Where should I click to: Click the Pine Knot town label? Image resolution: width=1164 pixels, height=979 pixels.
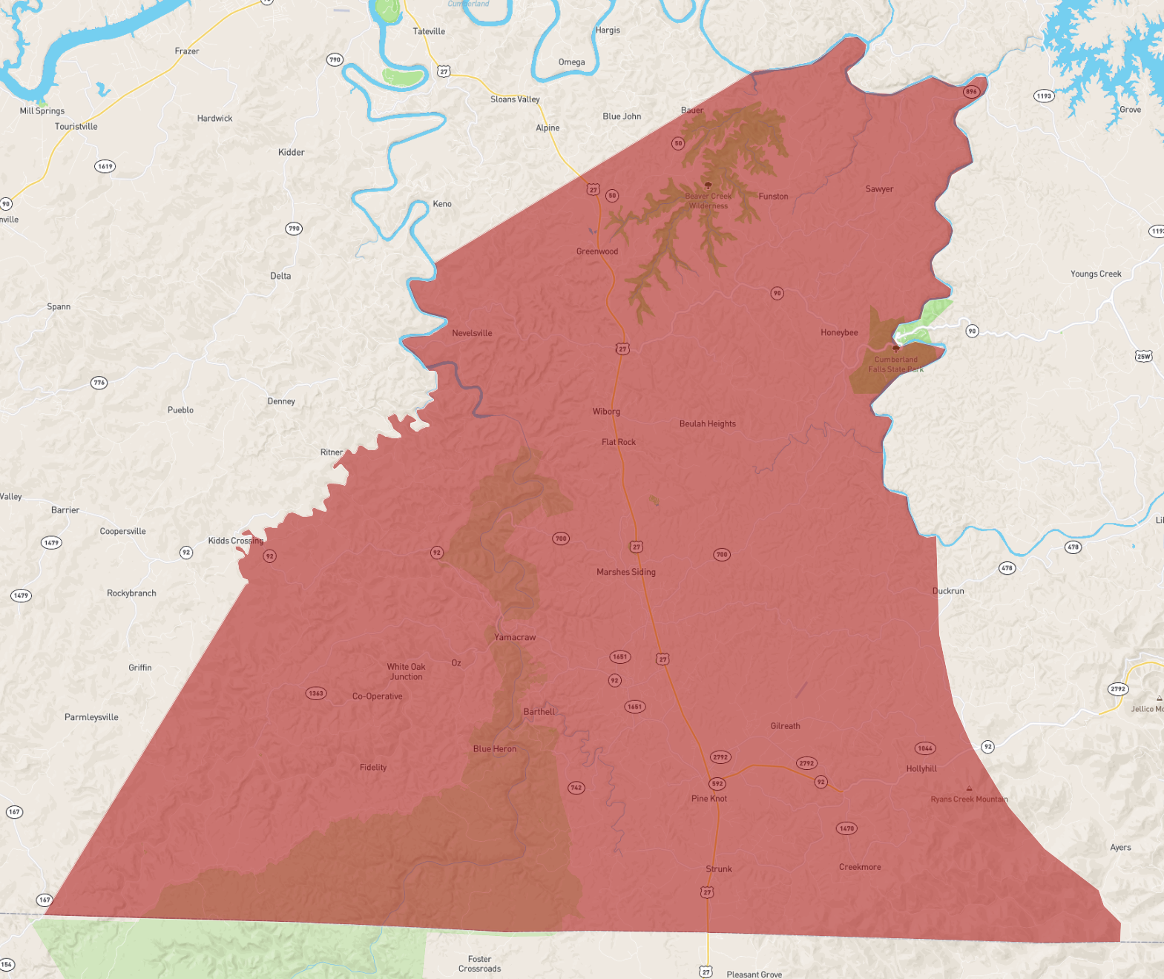[708, 799]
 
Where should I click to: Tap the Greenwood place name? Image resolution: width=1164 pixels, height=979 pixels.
[596, 251]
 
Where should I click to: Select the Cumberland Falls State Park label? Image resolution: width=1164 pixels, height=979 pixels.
[895, 364]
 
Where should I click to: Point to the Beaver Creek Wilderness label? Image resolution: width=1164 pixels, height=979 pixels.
[708, 201]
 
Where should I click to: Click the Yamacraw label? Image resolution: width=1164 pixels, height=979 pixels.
[515, 637]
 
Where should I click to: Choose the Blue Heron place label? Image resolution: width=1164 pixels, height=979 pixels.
[494, 749]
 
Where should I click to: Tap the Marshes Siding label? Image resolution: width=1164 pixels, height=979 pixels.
[625, 572]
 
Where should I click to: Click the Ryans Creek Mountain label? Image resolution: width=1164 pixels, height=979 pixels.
[969, 799]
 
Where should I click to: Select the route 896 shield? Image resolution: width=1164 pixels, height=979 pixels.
[970, 92]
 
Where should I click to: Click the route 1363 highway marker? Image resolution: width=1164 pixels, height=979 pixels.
[316, 693]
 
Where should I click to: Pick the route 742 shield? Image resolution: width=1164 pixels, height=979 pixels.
[576, 788]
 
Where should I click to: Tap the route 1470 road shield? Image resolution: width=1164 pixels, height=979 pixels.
[846, 828]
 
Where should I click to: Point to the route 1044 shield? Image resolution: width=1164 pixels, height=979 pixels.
[924, 748]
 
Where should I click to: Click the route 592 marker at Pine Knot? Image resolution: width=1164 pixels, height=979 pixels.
[717, 784]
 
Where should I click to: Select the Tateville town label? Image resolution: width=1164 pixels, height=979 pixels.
[429, 31]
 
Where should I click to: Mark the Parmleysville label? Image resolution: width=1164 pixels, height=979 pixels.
[91, 717]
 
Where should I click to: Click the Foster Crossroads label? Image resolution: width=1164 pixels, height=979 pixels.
[479, 963]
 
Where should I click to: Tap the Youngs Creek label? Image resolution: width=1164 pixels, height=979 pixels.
[1095, 274]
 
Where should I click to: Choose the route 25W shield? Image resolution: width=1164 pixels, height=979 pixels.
[1143, 357]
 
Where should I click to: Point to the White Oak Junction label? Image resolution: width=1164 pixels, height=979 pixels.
[406, 671]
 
